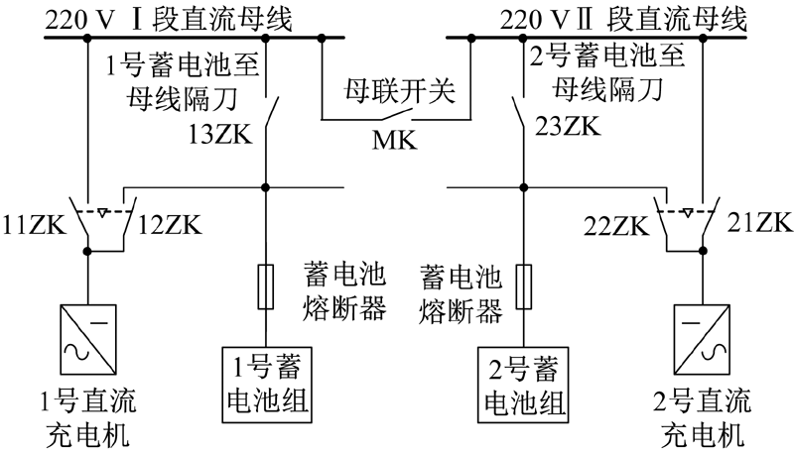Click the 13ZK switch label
click(220, 135)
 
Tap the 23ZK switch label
click(568, 126)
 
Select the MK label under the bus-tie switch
click(395, 140)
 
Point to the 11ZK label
click(34, 225)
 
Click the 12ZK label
click(170, 225)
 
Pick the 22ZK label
click(616, 226)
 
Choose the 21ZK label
click(759, 222)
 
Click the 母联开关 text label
click(400, 91)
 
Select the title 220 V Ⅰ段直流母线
click(169, 19)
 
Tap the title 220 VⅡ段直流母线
click(623, 19)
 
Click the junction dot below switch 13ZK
click(265, 187)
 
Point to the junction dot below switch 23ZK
click(524, 187)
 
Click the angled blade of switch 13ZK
click(272, 111)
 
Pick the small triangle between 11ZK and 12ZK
click(103, 213)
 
